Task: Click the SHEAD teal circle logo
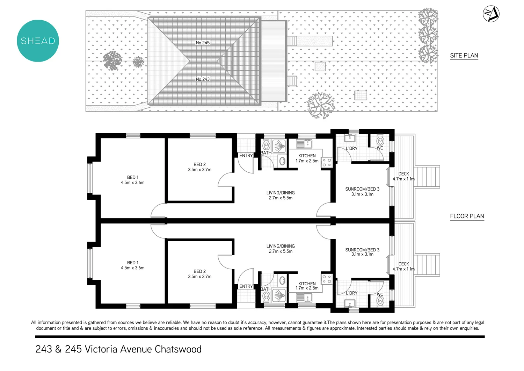click(x=38, y=41)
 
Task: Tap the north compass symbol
click(x=491, y=14)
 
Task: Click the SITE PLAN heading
click(x=464, y=56)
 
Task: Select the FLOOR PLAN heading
click(x=467, y=216)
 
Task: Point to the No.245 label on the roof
click(x=203, y=43)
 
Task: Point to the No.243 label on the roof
click(x=203, y=79)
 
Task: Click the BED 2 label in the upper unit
click(x=199, y=164)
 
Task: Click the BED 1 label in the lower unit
click(x=132, y=263)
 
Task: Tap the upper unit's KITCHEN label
click(x=307, y=156)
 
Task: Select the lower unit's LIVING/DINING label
click(x=280, y=246)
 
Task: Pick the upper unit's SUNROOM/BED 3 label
click(x=362, y=189)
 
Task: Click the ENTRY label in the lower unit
click(x=246, y=286)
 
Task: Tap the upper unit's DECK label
click(x=403, y=174)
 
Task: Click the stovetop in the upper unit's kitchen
click(x=327, y=162)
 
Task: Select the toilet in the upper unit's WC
click(x=380, y=141)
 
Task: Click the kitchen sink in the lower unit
click(x=304, y=297)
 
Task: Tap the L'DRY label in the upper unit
click(x=351, y=149)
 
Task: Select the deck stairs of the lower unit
click(x=427, y=265)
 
